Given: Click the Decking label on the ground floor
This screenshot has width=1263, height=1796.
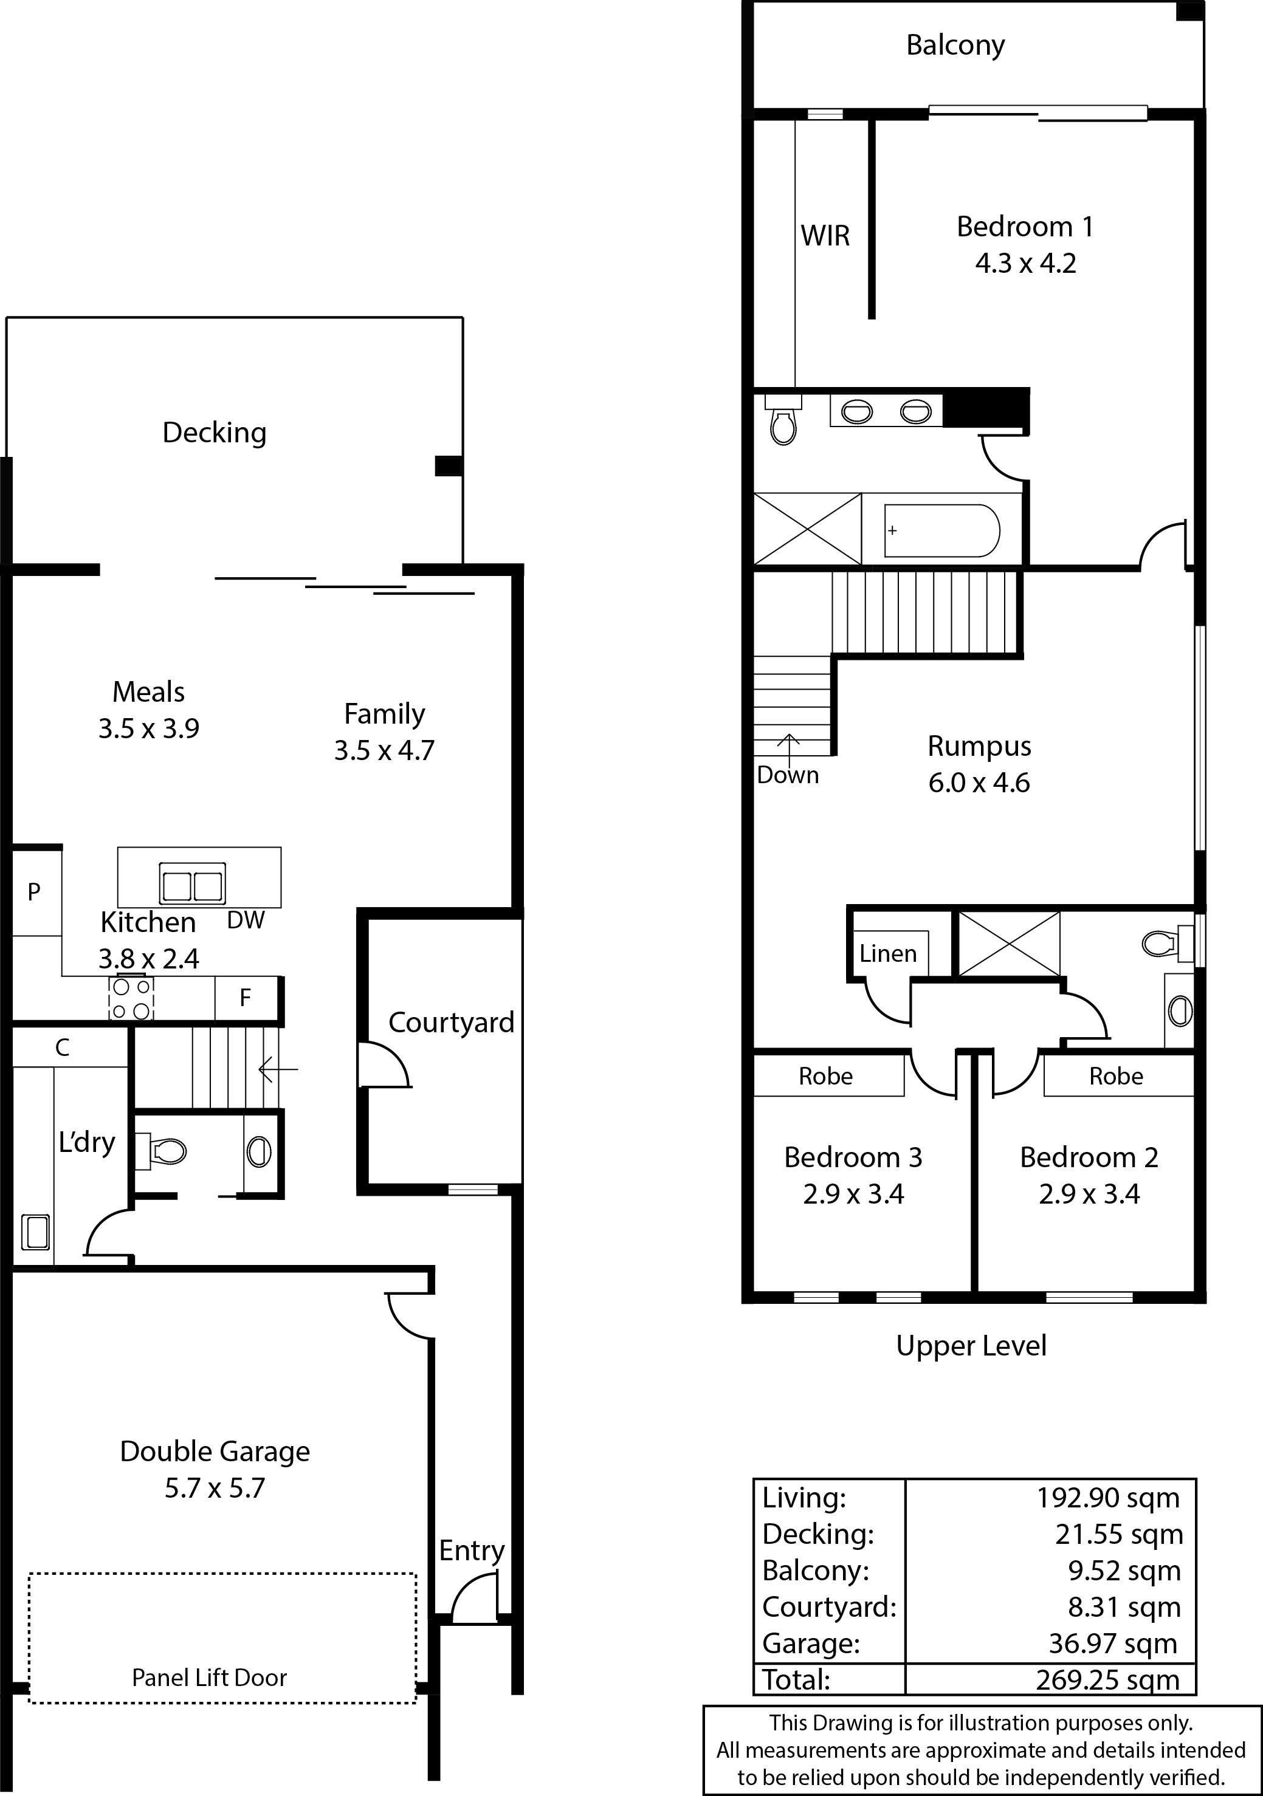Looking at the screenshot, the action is [x=215, y=433].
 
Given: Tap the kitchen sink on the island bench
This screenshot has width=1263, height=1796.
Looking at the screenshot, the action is [x=193, y=884].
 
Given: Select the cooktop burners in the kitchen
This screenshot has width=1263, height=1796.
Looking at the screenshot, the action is [x=131, y=999].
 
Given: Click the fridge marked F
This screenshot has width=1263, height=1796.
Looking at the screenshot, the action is [x=246, y=998].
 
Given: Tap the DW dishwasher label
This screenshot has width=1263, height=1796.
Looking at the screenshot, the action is [x=246, y=920].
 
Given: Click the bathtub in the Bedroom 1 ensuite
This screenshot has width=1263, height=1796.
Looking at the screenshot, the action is [x=942, y=530].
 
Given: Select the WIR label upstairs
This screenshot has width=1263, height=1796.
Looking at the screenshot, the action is [x=825, y=236].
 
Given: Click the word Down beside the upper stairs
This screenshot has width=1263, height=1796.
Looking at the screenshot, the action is [x=787, y=775].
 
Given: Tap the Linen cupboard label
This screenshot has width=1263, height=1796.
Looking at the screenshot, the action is [x=887, y=953].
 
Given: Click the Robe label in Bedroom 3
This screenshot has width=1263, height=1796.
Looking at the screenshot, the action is [x=825, y=1077].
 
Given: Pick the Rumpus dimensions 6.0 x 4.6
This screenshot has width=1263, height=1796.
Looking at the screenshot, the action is [x=979, y=783].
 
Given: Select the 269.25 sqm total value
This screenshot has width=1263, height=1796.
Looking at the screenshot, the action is [x=1107, y=1679].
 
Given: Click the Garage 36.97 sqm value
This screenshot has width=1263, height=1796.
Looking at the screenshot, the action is [x=1113, y=1643].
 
